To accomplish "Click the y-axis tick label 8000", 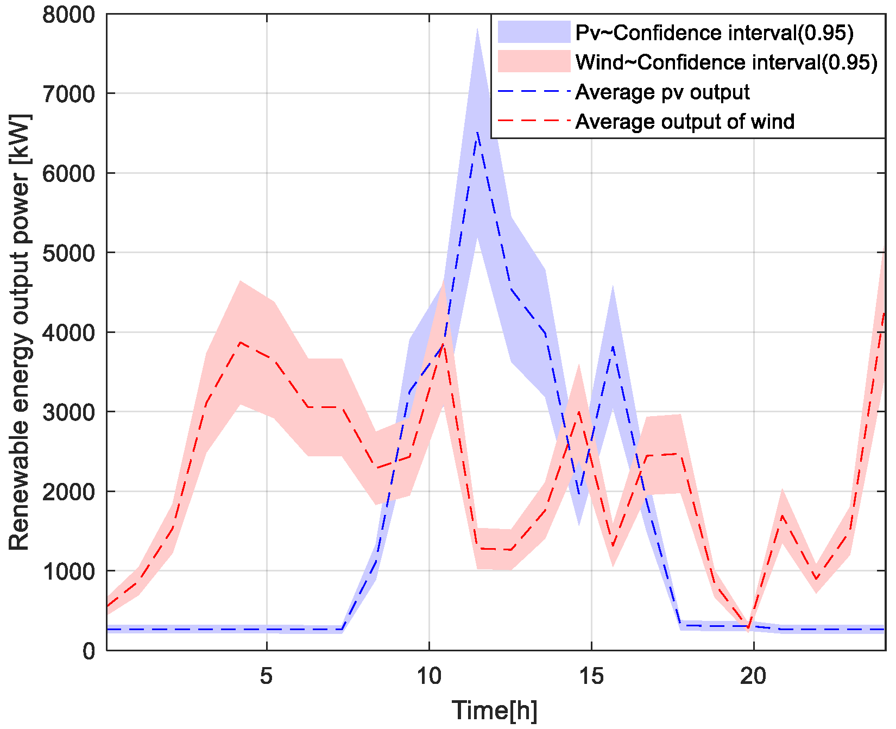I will tap(68, 15).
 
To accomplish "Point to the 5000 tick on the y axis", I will tap(68, 253).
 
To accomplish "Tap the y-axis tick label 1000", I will tap(68, 571).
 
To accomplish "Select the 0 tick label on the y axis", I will tap(89, 651).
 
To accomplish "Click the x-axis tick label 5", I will tap(266, 676).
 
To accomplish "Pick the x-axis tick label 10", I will tap(428, 676).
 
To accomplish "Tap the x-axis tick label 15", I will tap(591, 676).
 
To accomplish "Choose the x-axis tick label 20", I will tap(753, 676).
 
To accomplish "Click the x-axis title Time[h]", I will tap(494, 711).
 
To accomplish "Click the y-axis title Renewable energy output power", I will tap(20, 332).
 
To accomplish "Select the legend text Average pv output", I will tap(662, 92).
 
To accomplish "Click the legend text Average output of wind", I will tap(685, 122).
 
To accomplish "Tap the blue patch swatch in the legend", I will tap(534, 32).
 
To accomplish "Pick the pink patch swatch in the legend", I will tap(534, 61).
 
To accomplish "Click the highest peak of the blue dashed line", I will tap(477, 132).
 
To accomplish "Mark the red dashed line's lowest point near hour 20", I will tap(749, 629).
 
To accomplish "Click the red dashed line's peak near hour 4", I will tap(240, 343).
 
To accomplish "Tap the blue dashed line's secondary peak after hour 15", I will tap(613, 346).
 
